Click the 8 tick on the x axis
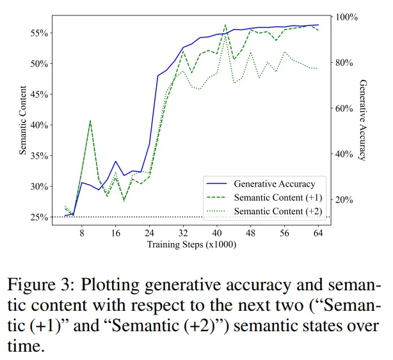[82, 234]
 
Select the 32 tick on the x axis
[184, 234]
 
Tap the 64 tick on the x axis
[318, 234]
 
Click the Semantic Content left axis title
[23, 121]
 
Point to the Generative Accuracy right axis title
[363, 121]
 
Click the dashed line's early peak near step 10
[90, 120]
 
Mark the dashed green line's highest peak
[225, 25]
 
